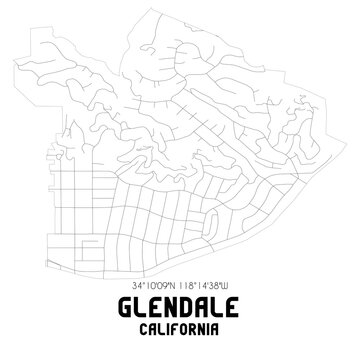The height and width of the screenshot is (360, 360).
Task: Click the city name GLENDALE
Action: click(x=180, y=313)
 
